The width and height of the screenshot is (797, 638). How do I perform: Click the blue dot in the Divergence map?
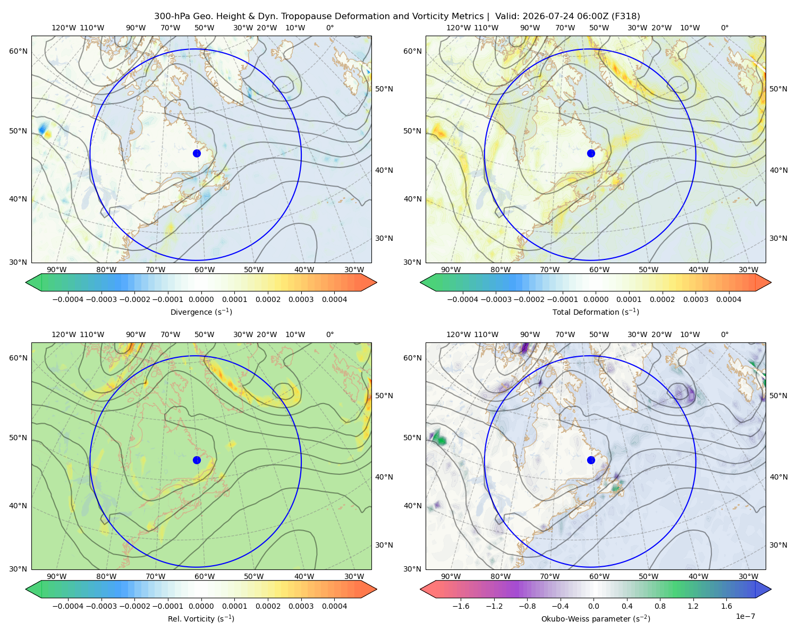pos(197,153)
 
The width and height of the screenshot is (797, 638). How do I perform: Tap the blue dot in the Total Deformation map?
pos(591,153)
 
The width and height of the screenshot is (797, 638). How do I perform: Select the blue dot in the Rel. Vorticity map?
pos(197,460)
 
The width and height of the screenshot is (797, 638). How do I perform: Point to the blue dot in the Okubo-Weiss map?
pos(591,460)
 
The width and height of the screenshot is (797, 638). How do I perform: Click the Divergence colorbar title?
pos(201,312)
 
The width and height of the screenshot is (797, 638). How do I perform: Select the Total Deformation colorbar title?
pos(596,312)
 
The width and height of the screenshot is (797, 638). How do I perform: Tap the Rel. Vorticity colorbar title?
pos(201,618)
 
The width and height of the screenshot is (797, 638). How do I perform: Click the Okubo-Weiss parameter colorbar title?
pos(596,618)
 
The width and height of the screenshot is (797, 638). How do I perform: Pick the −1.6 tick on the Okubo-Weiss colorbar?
pos(461,606)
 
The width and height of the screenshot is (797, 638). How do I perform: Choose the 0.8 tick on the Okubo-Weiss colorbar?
pos(660,606)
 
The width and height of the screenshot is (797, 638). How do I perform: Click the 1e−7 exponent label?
pos(745,616)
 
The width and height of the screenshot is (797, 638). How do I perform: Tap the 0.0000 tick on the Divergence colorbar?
pos(201,299)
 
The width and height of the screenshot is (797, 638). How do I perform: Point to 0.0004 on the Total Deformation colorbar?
pos(728,299)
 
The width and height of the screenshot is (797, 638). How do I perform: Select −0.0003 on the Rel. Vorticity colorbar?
pos(101,606)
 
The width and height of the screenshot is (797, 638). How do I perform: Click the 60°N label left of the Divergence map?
pos(18,51)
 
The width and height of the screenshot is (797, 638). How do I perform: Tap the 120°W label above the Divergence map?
pos(64,28)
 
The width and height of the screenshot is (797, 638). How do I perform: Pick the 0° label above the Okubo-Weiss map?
pos(724,334)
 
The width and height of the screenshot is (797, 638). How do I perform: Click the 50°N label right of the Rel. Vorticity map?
pos(384,396)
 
